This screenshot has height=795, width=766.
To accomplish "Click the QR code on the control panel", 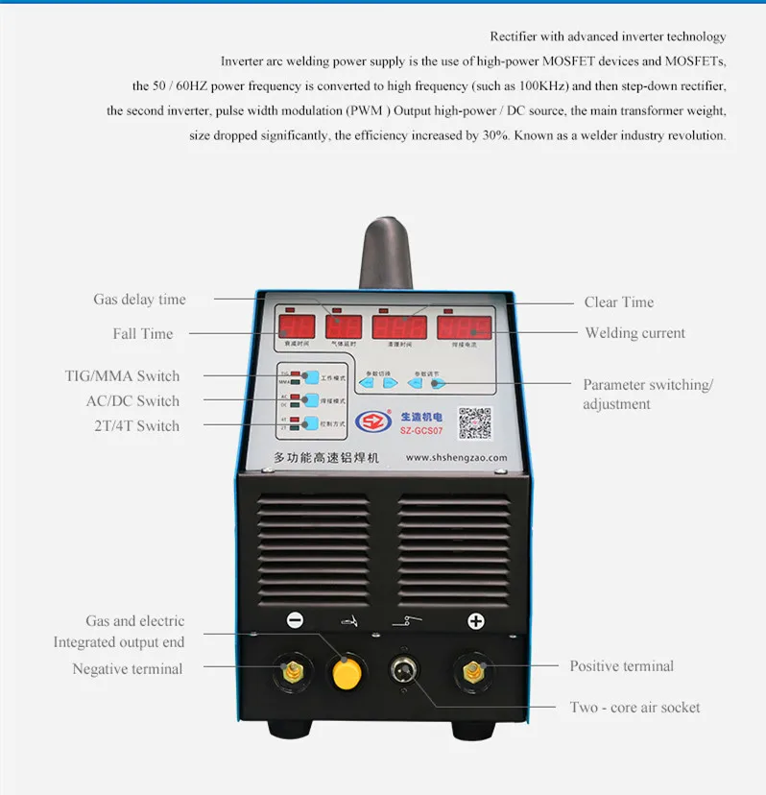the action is point(474,423).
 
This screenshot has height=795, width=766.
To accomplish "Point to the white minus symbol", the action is point(295,621).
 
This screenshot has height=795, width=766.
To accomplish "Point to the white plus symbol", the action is point(475,621).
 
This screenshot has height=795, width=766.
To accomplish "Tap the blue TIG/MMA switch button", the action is point(311,378).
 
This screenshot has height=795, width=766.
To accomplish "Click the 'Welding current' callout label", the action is point(635,333).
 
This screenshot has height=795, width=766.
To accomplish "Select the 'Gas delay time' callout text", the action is point(139,300).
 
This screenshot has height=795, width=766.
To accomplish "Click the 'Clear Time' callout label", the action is point(619,302).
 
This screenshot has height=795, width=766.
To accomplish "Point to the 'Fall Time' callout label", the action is point(143,334).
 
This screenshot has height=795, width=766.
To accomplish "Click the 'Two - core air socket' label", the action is point(634,708).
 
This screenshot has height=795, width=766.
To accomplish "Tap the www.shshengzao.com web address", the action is point(456,458).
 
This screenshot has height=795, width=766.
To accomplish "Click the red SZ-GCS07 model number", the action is point(421,432).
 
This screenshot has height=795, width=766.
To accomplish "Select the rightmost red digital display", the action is point(465,326).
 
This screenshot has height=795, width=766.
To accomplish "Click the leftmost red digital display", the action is point(296,325).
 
